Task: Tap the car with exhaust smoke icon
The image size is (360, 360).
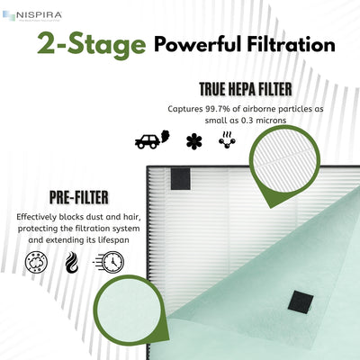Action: (x=148, y=142)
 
